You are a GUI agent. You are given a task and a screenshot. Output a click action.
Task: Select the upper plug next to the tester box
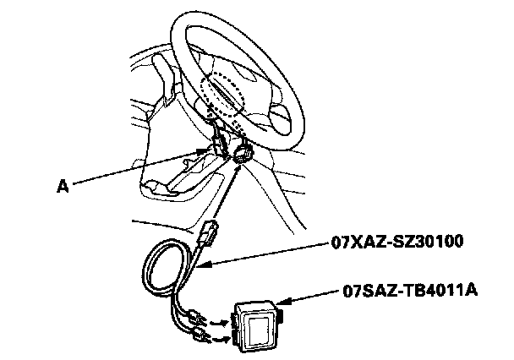[200, 319]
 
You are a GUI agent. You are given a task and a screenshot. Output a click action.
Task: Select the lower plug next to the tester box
[201, 339]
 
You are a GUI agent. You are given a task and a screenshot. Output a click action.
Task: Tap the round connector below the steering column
[243, 155]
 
